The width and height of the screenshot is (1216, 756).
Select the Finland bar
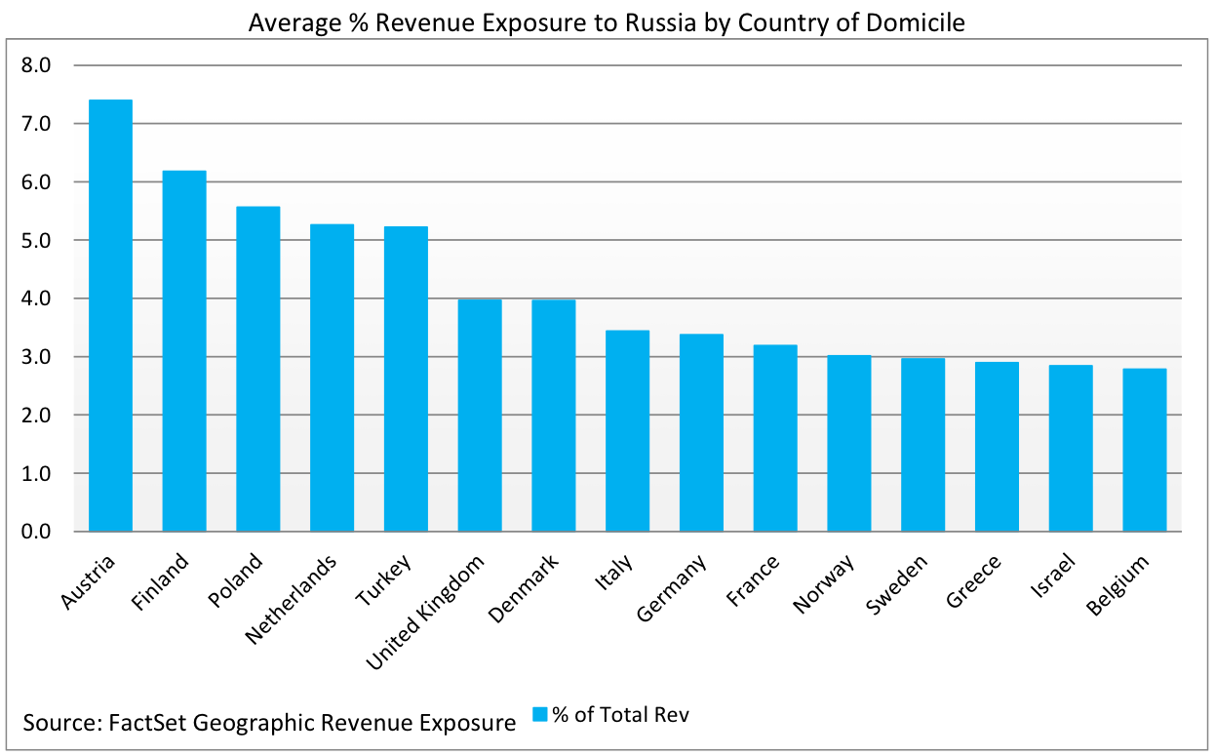click(184, 351)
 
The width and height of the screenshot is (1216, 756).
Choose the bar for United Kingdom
click(480, 416)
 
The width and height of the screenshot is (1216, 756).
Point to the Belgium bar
click(1144, 450)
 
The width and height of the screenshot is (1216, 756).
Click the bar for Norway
click(848, 443)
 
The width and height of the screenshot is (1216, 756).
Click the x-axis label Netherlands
click(293, 599)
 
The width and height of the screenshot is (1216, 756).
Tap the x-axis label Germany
click(673, 589)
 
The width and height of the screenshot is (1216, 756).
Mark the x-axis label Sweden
click(897, 584)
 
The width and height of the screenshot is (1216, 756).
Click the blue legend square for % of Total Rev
click(540, 714)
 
